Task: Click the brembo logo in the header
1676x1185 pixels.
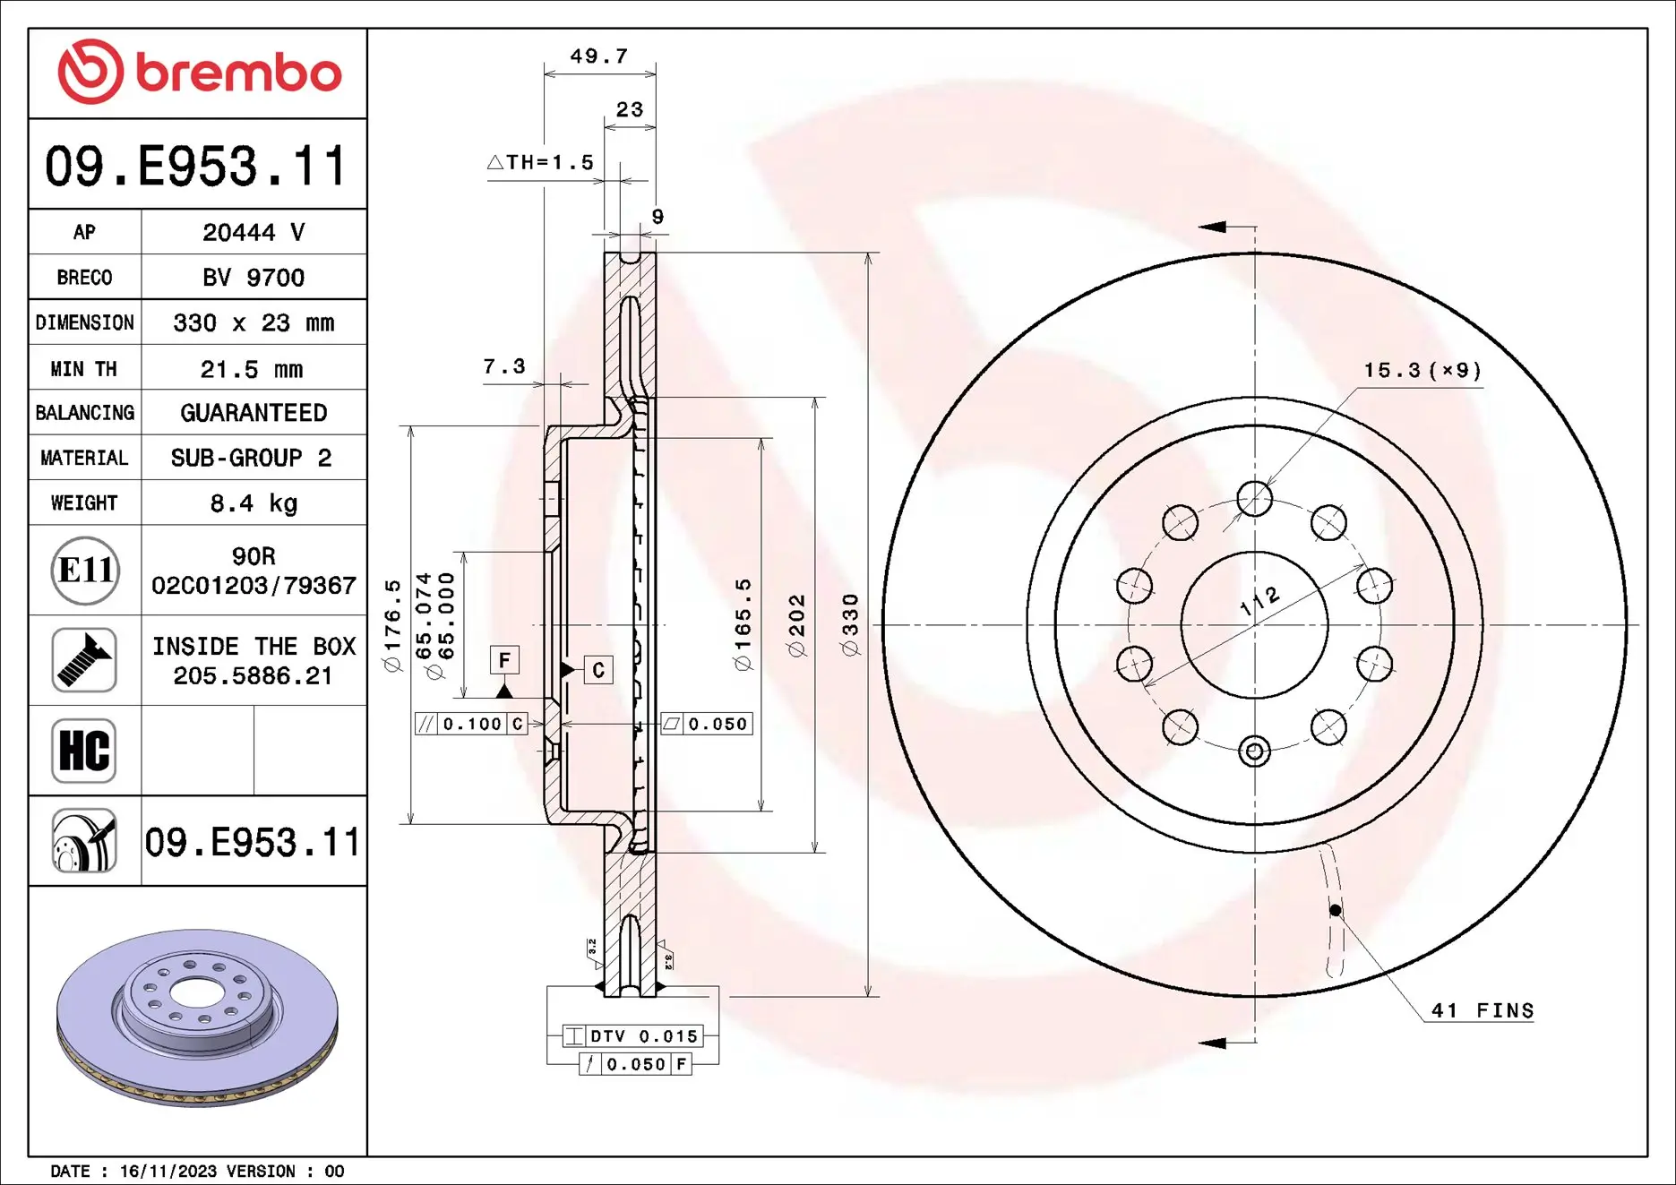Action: point(199,72)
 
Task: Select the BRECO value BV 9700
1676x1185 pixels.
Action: point(254,278)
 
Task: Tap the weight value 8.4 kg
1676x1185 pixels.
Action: point(254,503)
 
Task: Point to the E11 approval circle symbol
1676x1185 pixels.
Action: point(85,571)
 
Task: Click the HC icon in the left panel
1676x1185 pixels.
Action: point(84,751)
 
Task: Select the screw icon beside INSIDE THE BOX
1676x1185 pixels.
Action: point(84,660)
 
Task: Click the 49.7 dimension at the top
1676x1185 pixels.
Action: point(599,56)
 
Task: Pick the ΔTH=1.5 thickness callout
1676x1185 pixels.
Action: point(541,163)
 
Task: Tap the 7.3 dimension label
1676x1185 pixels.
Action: point(503,366)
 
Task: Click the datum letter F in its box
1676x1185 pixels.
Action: point(504,661)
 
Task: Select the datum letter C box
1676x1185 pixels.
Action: point(598,669)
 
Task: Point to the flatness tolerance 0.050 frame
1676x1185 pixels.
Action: point(707,724)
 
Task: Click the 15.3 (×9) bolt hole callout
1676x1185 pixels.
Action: point(1422,371)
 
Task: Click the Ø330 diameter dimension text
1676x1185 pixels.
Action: point(851,624)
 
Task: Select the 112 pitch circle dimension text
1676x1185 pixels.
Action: point(1259,601)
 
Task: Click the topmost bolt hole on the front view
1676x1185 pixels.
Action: point(1254,499)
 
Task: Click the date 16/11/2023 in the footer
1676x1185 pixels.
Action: point(168,1172)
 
